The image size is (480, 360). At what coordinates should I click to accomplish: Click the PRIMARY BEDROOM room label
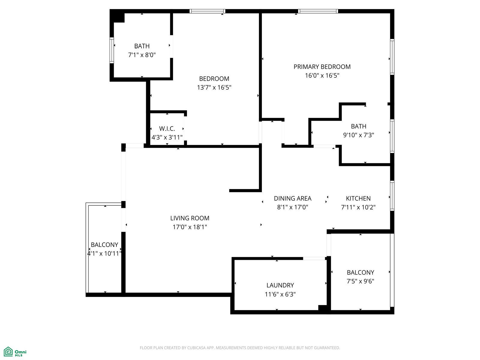coord(322,67)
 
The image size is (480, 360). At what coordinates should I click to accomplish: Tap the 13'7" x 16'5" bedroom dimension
coord(214,87)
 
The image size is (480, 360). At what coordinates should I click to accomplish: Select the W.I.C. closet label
coord(167,128)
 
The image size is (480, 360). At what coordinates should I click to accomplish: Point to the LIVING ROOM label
coord(190,218)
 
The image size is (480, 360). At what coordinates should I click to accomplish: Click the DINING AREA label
coord(292,199)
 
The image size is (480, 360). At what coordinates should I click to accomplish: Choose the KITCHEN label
coord(358,199)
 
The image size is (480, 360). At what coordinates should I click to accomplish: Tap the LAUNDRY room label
coord(280,285)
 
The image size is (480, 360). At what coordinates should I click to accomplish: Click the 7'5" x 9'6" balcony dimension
coord(360,281)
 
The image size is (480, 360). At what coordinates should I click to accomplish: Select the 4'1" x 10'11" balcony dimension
coord(104,253)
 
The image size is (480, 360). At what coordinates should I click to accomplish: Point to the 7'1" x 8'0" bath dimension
coord(142,55)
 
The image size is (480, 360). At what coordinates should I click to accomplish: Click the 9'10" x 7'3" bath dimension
coord(358,135)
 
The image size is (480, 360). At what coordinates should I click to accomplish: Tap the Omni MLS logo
coord(15,352)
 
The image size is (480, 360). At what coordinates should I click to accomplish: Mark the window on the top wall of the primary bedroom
coord(318,11)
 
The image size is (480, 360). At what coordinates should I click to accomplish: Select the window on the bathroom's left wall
coord(112,50)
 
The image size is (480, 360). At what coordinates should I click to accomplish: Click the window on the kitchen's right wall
coord(392,196)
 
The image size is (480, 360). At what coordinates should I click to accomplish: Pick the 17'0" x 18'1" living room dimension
coord(190,227)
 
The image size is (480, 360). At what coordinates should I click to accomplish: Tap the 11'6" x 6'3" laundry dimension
coord(280,294)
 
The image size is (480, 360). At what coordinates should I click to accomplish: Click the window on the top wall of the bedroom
coord(207,11)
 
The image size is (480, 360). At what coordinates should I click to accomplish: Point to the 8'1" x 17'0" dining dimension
coord(292,207)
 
